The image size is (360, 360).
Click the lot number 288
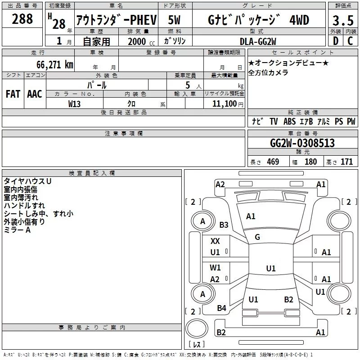pyautogui.click(x=22, y=19)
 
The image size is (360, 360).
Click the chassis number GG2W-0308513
pyautogui.click(x=302, y=143)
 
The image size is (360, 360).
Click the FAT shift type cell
pyautogui.click(x=13, y=94)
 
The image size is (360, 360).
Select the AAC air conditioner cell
pyautogui.click(x=35, y=94)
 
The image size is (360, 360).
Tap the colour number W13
pyautogui.click(x=75, y=103)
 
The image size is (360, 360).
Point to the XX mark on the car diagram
pyautogui.click(x=216, y=241)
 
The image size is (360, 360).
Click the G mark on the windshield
pyautogui.click(x=257, y=237)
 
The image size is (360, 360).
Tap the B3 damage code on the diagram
pyautogui.click(x=224, y=225)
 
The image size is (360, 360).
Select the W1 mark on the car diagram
pyautogui.click(x=216, y=268)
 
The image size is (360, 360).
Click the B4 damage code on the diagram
pyautogui.click(x=221, y=308)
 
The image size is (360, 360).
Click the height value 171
pyautogui.click(x=347, y=162)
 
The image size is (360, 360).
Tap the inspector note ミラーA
pyautogui.click(x=18, y=229)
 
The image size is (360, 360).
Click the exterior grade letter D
pyautogui.click(x=335, y=40)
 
